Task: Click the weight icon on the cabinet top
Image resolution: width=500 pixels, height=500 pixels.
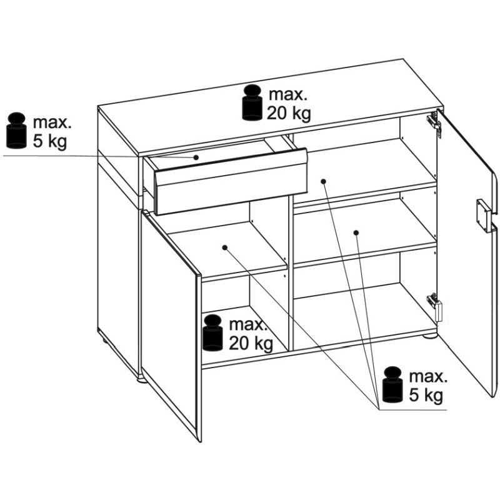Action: (x=252, y=102)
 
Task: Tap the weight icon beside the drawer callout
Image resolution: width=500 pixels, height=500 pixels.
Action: (x=16, y=131)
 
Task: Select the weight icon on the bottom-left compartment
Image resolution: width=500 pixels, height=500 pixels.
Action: (x=212, y=332)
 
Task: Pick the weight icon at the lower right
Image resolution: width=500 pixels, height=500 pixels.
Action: (x=393, y=384)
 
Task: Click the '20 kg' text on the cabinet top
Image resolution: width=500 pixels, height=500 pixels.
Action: (x=289, y=113)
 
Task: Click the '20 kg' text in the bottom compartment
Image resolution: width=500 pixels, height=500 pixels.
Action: (x=251, y=343)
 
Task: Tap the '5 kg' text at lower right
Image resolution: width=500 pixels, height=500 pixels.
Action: (x=426, y=395)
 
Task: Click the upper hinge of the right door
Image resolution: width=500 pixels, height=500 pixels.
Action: (x=434, y=123)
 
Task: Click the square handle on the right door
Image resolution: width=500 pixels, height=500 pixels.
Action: (x=482, y=216)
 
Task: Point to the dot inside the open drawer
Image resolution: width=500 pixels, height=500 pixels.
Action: (x=196, y=157)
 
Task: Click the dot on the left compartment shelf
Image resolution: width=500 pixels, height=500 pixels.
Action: (x=225, y=247)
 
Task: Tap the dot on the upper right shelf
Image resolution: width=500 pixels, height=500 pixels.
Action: (x=323, y=181)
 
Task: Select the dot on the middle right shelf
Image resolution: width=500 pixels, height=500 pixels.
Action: (x=356, y=232)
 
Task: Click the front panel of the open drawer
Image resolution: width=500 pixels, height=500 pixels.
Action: (x=231, y=189)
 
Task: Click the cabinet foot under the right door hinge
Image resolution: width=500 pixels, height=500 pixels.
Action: (x=429, y=336)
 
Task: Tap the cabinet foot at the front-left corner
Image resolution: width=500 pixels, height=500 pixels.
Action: (x=142, y=379)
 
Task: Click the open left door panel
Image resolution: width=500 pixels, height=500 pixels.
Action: (x=171, y=325)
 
